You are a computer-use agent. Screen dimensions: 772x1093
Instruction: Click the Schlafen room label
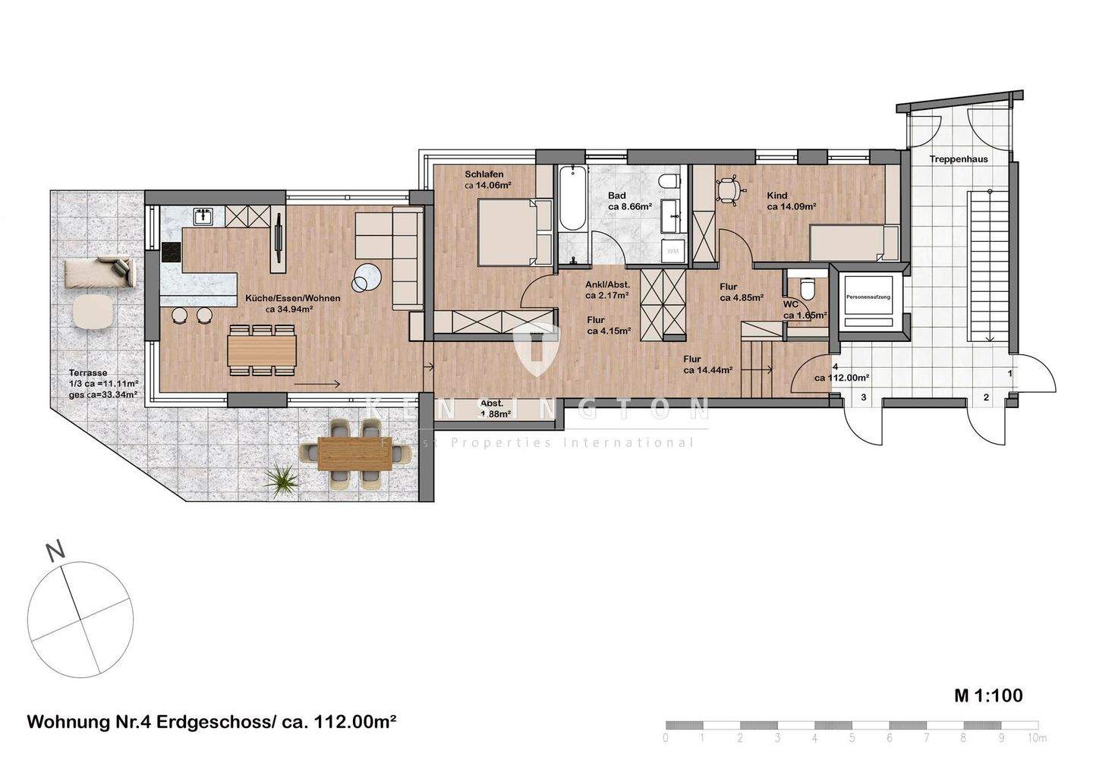click(484, 174)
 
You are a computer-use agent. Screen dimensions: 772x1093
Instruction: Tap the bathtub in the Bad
click(571, 199)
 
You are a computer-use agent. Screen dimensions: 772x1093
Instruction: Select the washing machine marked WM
click(672, 249)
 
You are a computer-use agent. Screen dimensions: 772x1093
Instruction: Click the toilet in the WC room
click(807, 289)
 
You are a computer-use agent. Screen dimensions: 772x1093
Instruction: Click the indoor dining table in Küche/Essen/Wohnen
click(262, 350)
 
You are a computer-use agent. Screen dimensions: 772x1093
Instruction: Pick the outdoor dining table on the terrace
click(354, 453)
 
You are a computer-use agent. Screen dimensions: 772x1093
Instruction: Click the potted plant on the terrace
click(282, 477)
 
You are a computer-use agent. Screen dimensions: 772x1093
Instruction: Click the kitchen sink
click(203, 217)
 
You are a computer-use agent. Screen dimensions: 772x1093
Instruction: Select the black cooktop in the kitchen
click(171, 252)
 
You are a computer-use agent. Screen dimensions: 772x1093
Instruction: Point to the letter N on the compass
click(53, 552)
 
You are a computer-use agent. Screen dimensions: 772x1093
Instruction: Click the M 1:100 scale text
click(988, 695)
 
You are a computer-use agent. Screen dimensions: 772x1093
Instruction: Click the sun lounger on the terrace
click(99, 272)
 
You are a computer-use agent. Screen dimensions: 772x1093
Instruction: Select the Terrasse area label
click(87, 373)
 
